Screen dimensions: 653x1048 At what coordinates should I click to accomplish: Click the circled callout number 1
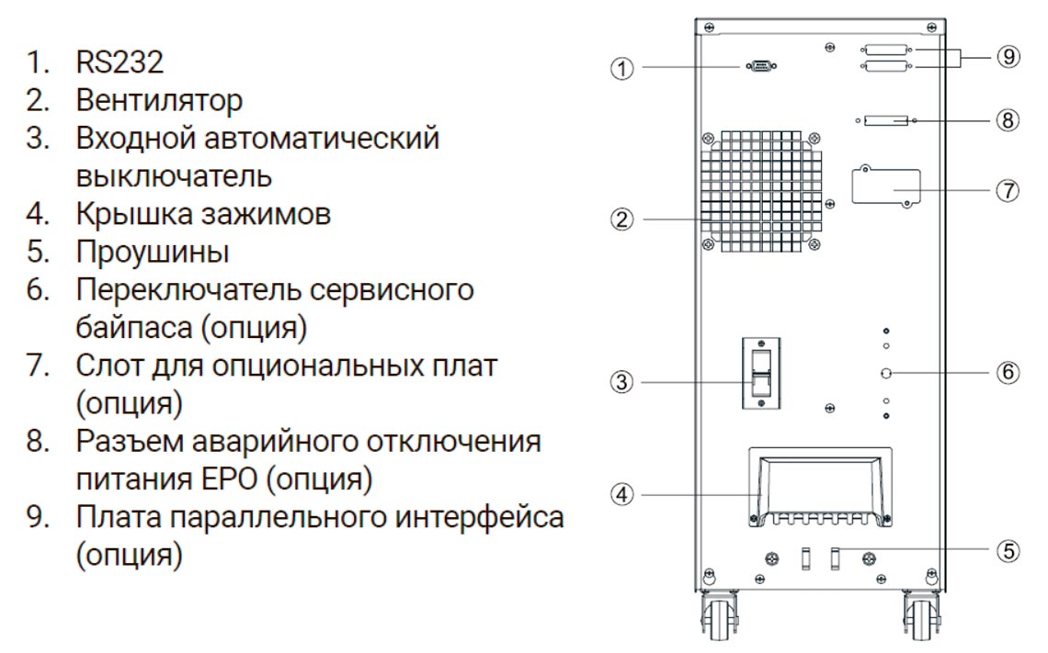623,69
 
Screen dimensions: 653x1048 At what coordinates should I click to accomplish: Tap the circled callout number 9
1008,57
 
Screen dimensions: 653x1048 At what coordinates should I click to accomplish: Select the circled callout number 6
1008,373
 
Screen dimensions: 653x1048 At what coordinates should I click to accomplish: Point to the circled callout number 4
623,494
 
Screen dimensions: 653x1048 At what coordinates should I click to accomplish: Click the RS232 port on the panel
759,67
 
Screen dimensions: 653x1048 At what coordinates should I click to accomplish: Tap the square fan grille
759,191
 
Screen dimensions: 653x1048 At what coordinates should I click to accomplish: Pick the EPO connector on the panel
887,120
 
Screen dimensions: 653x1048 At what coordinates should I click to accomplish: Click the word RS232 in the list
120,62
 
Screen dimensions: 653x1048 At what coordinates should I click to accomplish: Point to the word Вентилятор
159,100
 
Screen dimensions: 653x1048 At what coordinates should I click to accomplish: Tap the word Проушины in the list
153,251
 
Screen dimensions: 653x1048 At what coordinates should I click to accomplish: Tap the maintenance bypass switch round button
886,373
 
